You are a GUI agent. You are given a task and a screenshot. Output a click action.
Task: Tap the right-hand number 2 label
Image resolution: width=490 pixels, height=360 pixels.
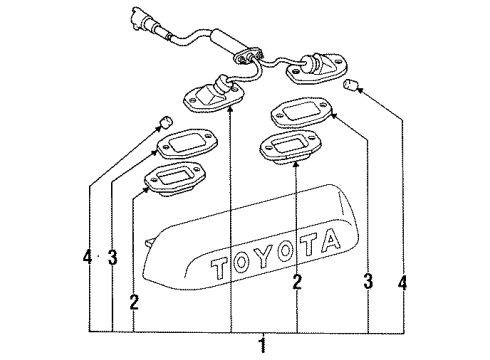tap(296, 283)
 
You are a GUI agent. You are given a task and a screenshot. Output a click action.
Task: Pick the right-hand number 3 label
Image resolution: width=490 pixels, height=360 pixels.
tap(369, 283)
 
